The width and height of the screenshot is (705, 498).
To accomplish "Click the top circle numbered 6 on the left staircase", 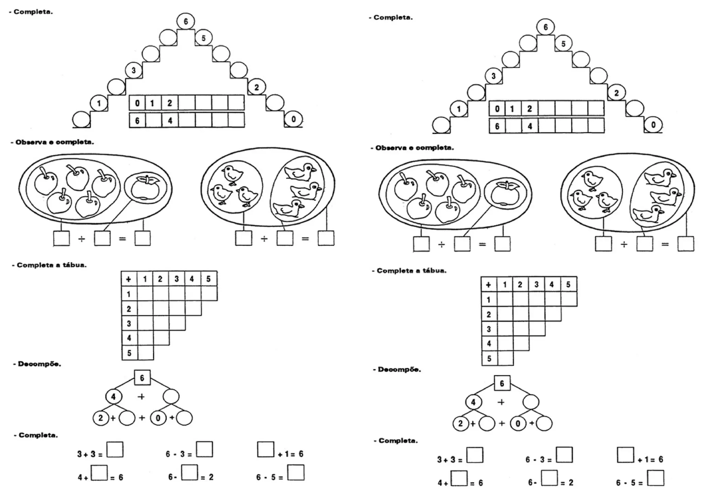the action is tap(186, 21).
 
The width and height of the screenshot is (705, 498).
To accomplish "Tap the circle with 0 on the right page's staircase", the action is tap(653, 125).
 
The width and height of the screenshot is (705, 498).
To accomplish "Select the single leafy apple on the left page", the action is tap(146, 188).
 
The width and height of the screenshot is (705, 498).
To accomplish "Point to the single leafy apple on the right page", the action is tap(505, 194).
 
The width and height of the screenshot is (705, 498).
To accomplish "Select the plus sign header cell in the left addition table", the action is tap(129, 279).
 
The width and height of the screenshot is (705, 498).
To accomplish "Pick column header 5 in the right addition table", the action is tap(568, 285).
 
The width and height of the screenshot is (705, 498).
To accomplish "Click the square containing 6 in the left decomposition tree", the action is tap(142, 378).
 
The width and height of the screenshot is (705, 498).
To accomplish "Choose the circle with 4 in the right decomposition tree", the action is tap(473, 402).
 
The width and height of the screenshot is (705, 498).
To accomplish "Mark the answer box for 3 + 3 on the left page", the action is tap(115, 449).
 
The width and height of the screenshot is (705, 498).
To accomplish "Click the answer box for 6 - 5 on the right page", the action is tap(655, 478).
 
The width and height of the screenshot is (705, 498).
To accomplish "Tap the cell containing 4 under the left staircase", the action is tap(170, 120).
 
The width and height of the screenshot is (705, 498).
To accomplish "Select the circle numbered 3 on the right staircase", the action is tap(493, 76).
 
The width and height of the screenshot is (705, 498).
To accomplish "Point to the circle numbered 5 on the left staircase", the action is tap(203, 38).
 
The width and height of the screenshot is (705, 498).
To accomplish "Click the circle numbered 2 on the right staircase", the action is tap(616, 93).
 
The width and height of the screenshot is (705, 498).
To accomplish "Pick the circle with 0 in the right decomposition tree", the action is tap(518, 424).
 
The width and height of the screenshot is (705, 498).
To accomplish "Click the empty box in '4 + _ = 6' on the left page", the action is tap(99, 473).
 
